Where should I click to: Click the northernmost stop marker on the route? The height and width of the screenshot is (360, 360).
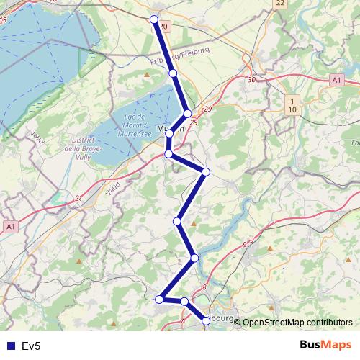click(153, 19)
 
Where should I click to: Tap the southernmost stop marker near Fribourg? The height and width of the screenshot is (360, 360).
click(207, 320)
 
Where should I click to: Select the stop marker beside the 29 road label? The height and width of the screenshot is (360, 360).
click(187, 114)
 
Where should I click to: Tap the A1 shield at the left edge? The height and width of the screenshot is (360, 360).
click(9, 227)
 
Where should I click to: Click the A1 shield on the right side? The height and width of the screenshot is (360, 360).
click(336, 80)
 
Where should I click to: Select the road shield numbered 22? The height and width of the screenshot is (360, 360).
click(280, 4)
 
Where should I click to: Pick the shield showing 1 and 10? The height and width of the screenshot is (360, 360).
click(292, 104)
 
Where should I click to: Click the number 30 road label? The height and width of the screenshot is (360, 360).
click(251, 80)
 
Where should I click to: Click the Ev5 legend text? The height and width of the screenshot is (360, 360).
click(30, 346)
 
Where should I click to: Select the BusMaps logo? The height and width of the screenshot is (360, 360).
click(326, 345)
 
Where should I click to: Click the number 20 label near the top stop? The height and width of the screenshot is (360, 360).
click(164, 27)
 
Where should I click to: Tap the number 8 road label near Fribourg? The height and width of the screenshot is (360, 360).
click(204, 288)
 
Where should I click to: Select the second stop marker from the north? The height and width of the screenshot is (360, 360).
click(173, 73)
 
